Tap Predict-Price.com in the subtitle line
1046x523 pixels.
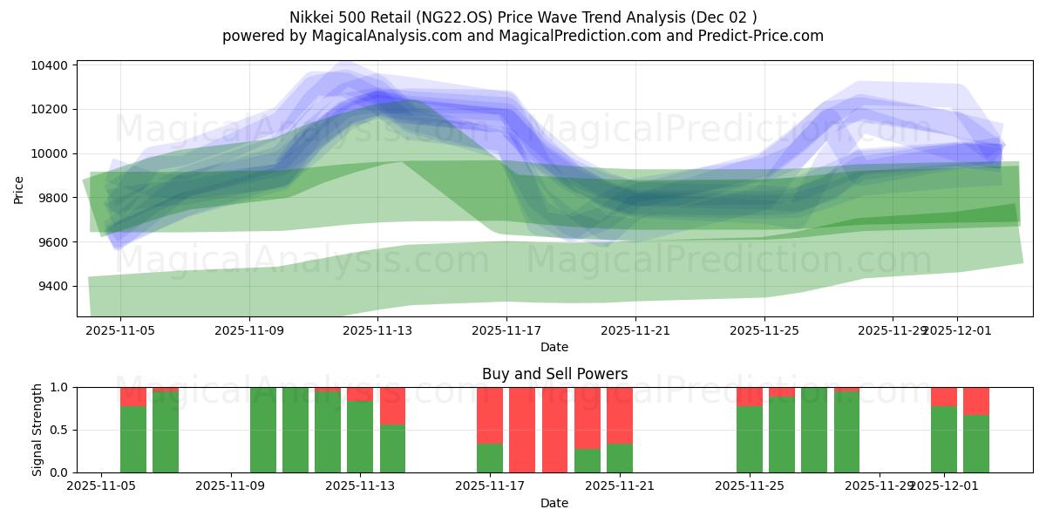click(755, 36)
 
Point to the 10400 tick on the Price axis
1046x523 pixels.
click(51, 65)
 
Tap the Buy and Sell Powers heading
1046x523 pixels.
click(554, 374)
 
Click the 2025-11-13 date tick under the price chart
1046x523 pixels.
click(377, 330)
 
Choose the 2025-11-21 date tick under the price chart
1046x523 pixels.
click(635, 330)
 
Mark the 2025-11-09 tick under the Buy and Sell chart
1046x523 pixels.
click(231, 486)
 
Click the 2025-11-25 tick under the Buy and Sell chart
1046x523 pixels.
click(750, 486)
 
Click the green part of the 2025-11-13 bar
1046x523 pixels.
click(360, 436)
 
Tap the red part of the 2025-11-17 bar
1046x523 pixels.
click(490, 415)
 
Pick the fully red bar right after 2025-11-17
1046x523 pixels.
click(522, 430)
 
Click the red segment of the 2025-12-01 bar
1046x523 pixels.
click(944, 397)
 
